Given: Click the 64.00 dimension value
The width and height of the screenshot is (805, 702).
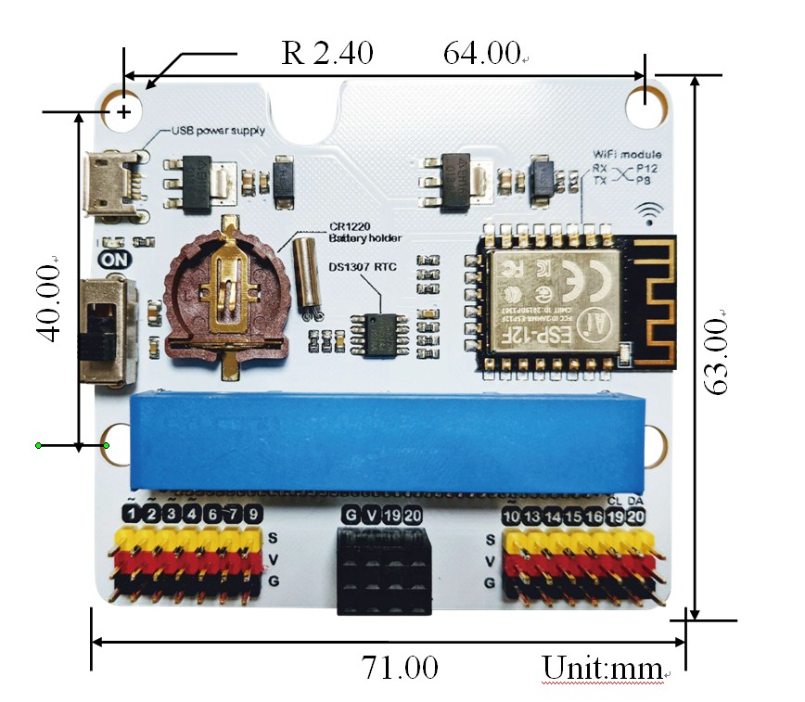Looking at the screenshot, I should tap(480, 54).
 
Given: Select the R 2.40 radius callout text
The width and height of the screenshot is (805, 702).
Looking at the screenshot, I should tap(327, 54).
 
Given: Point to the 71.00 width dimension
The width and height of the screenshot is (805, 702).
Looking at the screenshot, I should tap(399, 668).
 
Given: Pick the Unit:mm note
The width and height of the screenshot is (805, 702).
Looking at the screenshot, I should tap(603, 668).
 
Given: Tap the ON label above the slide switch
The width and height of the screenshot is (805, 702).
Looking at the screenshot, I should tap(115, 261).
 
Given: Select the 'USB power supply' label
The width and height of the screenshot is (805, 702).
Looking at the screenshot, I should tap(218, 131).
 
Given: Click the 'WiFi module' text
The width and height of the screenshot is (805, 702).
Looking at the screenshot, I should tap(628, 154).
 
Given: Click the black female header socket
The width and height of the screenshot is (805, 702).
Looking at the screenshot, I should tap(383, 568).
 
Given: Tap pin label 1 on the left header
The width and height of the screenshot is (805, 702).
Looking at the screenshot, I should tap(134, 515).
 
